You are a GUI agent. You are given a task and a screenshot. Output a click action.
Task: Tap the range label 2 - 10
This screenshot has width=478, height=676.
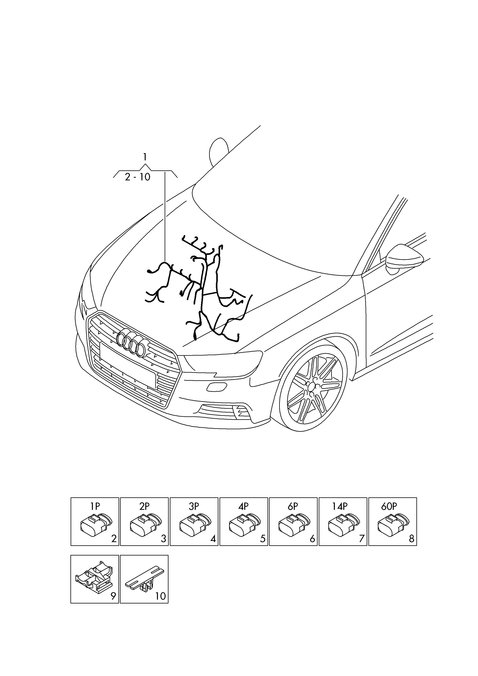pos(138,177)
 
